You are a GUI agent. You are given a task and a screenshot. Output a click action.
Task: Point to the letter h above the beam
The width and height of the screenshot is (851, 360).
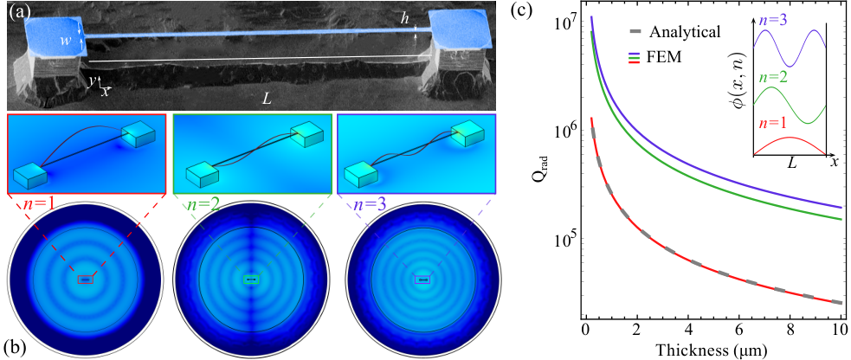pos(404,18)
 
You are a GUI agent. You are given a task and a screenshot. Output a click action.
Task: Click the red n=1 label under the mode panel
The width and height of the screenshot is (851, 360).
pos(36,205)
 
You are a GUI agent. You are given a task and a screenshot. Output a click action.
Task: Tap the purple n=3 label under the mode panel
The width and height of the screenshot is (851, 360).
pos(368,205)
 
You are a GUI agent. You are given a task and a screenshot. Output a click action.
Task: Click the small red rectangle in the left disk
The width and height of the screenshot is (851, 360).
pos(85,280)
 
